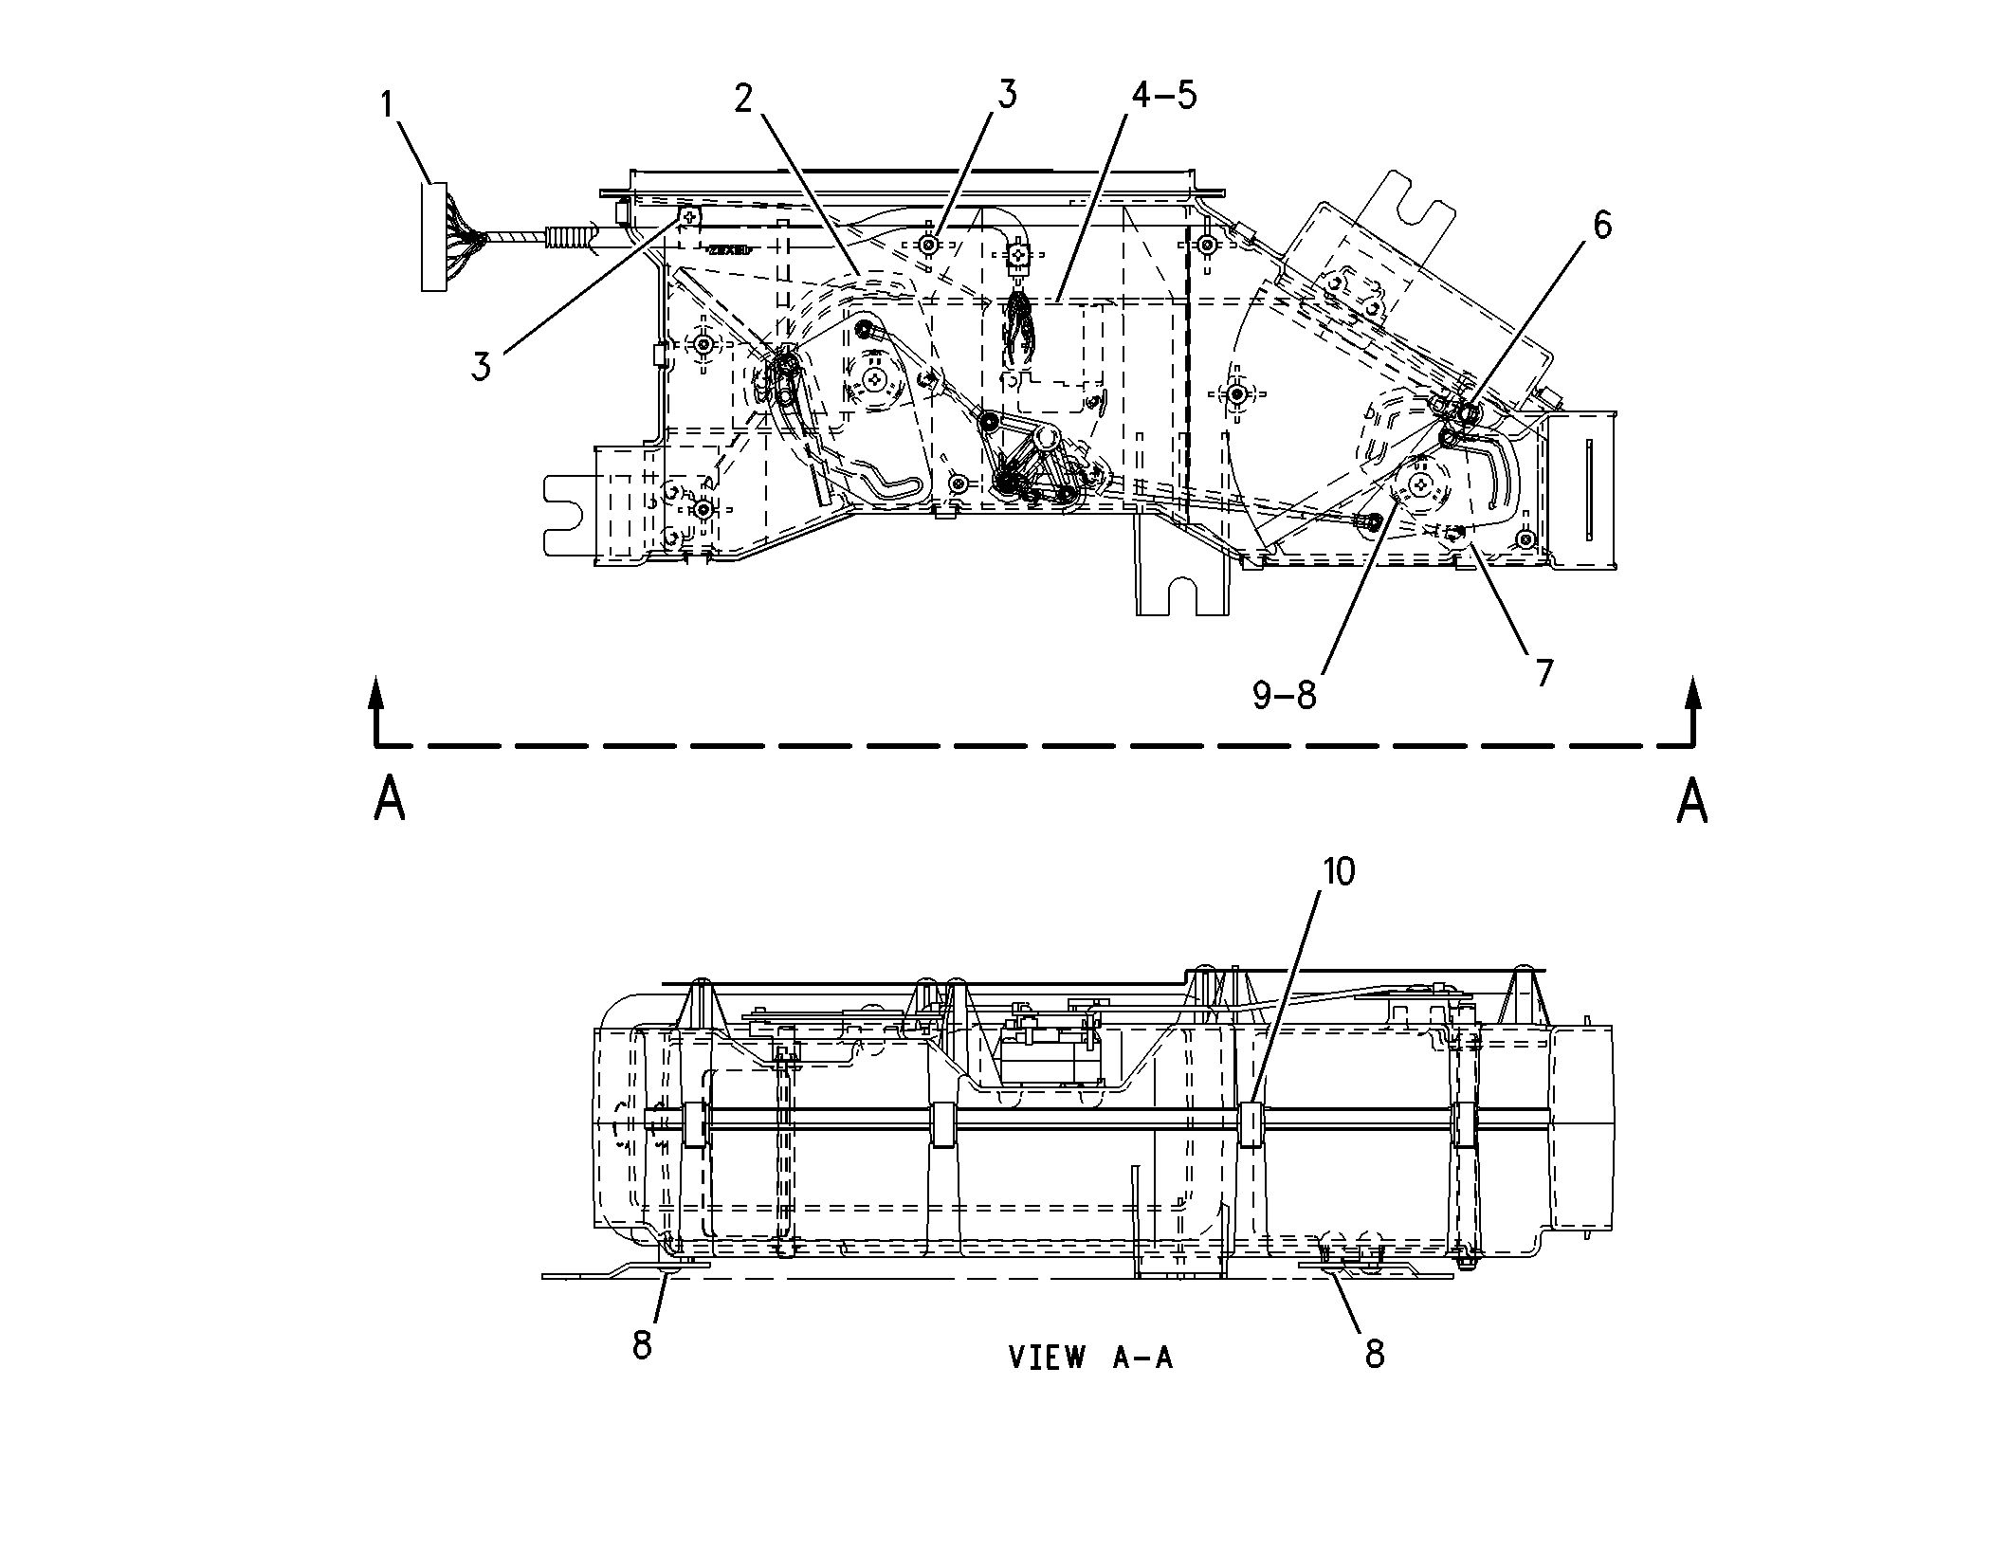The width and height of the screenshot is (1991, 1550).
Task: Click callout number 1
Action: pos(387,105)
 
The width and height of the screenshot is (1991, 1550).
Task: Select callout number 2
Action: pos(742,99)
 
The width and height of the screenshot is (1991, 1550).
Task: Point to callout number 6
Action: pos(1600,226)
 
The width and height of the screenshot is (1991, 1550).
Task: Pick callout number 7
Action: pos(1544,672)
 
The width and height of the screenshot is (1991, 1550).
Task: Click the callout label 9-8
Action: pos(1285,696)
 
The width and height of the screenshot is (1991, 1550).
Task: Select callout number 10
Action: pos(1339,871)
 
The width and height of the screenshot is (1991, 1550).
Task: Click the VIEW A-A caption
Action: pos(1090,1357)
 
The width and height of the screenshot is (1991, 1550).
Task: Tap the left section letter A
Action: pos(390,798)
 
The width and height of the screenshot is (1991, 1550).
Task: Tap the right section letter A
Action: pos(1692,799)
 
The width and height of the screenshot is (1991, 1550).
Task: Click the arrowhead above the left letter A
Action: pos(377,691)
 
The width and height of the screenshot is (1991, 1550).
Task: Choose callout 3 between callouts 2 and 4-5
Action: pos(1006,95)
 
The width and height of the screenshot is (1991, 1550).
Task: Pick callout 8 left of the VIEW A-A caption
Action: pos(643,1344)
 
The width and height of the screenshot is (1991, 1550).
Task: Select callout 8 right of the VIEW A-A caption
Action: pos(1375,1354)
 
